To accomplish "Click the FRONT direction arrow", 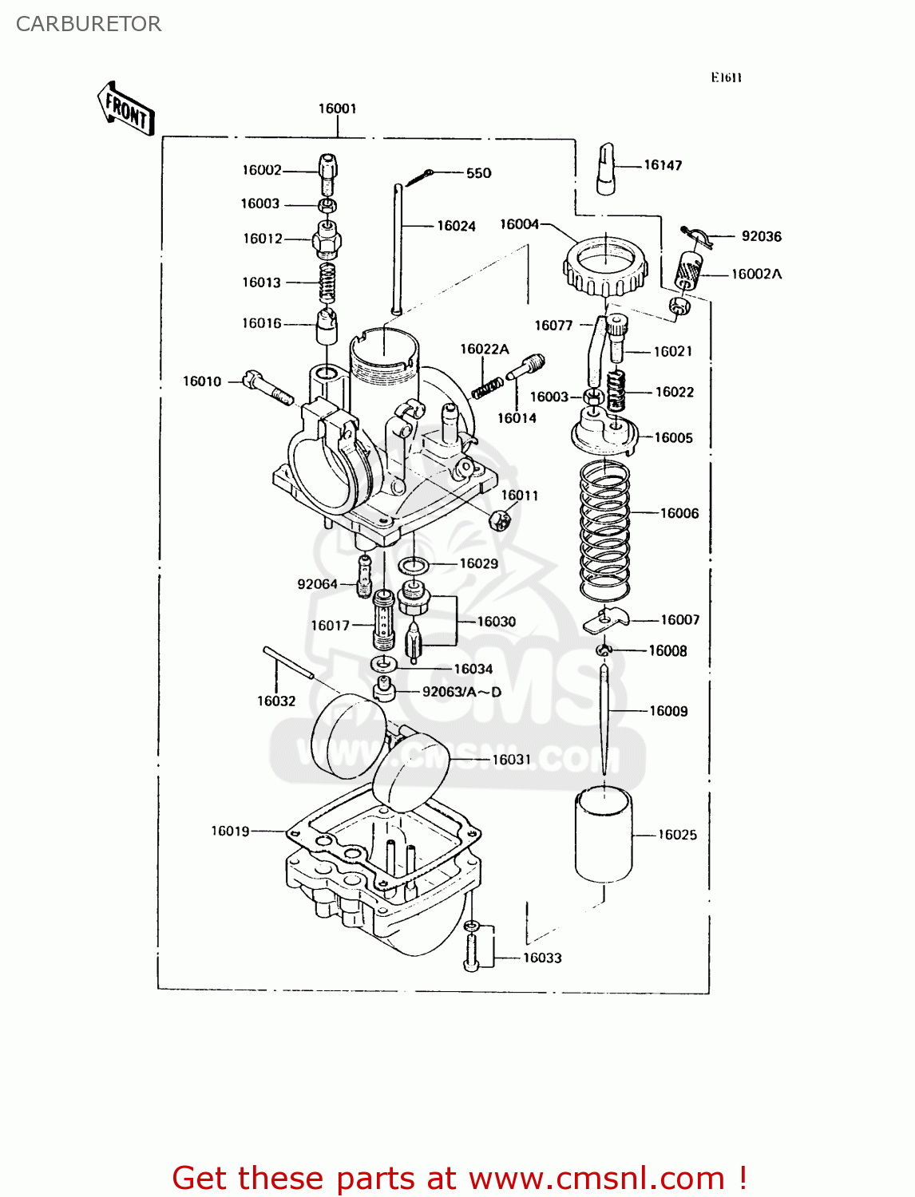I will [x=126, y=109].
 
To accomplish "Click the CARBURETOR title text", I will [x=88, y=24].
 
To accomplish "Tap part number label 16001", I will [x=337, y=109].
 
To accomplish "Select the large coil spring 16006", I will [x=604, y=531].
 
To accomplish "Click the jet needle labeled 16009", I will [x=605, y=718].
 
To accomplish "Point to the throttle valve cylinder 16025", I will [x=604, y=834].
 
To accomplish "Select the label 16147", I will [x=663, y=165].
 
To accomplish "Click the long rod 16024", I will [x=397, y=247].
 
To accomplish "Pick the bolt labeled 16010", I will [x=268, y=389].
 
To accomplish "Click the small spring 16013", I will [x=327, y=282].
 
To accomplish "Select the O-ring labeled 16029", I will [x=413, y=566].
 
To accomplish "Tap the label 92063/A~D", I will [x=461, y=692].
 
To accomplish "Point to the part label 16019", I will [x=230, y=831].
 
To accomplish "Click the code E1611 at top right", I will [x=727, y=77].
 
